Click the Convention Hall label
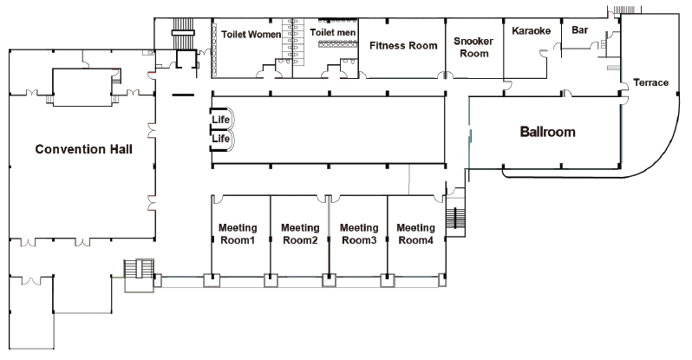83,149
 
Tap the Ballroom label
548,133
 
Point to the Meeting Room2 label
299,233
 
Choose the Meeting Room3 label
358,233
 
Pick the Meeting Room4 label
415,233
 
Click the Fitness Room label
402,45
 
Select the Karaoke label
531,31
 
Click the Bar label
580,29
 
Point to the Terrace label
650,82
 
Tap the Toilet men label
332,32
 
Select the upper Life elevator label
220,120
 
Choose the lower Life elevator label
220,138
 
